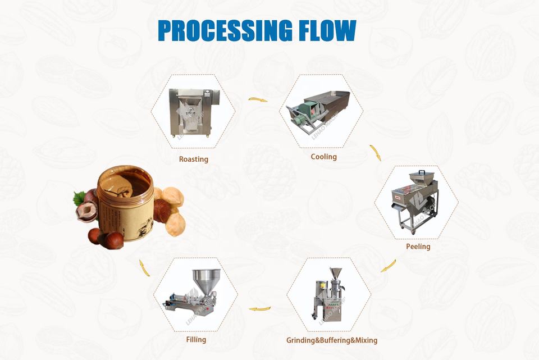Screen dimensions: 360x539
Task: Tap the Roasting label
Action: point(193,159)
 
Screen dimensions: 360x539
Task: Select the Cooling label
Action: point(324,157)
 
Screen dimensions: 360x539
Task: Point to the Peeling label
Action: point(418,247)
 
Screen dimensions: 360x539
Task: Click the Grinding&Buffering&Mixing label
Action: point(332,340)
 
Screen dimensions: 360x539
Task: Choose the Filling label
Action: point(196,339)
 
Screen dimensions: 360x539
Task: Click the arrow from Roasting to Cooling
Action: point(258,100)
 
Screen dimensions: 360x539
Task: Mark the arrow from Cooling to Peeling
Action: point(375,153)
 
